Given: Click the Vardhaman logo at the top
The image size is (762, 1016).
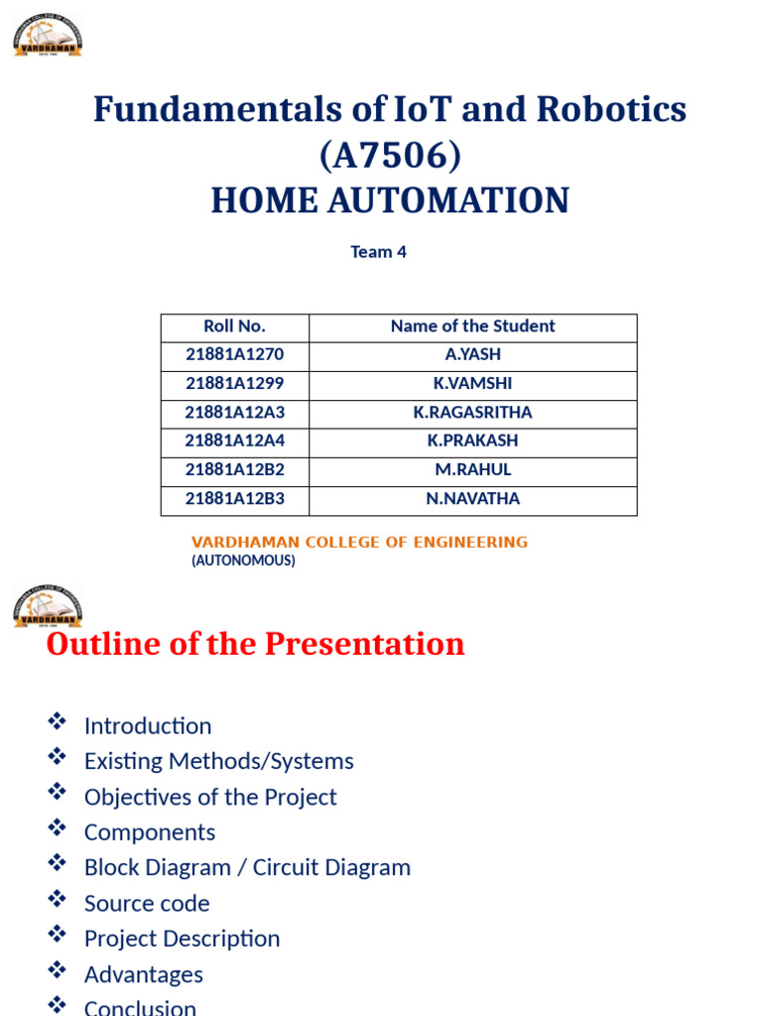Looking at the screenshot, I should click(x=47, y=35).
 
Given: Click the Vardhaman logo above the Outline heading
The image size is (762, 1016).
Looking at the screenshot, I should click(x=47, y=606).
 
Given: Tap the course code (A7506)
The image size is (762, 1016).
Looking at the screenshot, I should click(x=389, y=155).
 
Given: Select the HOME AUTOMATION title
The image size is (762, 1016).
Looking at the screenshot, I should click(x=389, y=200).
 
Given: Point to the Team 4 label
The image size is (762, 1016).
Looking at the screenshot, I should click(x=378, y=252).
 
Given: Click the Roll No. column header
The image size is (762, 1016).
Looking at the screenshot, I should click(x=234, y=326).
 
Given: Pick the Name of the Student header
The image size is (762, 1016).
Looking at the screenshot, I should click(x=472, y=326).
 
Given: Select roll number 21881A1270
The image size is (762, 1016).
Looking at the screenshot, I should click(x=234, y=355).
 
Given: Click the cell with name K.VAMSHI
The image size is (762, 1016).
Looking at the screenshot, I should click(x=472, y=384).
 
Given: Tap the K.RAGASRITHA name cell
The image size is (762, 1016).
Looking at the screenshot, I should click(x=472, y=413).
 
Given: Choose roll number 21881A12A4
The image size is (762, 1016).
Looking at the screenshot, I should click(x=234, y=441).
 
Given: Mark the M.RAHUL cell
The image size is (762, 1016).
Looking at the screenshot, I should click(x=472, y=469).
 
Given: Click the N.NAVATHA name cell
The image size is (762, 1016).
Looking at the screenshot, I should click(x=472, y=498).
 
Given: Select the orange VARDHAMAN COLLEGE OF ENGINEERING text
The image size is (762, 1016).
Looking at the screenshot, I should click(x=359, y=542).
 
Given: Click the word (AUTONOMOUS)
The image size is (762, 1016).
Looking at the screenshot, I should click(x=243, y=561).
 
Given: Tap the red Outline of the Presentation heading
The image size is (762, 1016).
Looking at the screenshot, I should click(x=255, y=644).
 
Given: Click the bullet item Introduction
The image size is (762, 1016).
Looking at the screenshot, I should click(x=148, y=726).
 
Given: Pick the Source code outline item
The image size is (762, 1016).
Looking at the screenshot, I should click(x=147, y=904).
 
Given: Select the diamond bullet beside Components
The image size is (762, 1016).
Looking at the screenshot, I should click(x=57, y=828).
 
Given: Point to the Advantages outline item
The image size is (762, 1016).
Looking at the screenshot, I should click(x=143, y=974).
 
